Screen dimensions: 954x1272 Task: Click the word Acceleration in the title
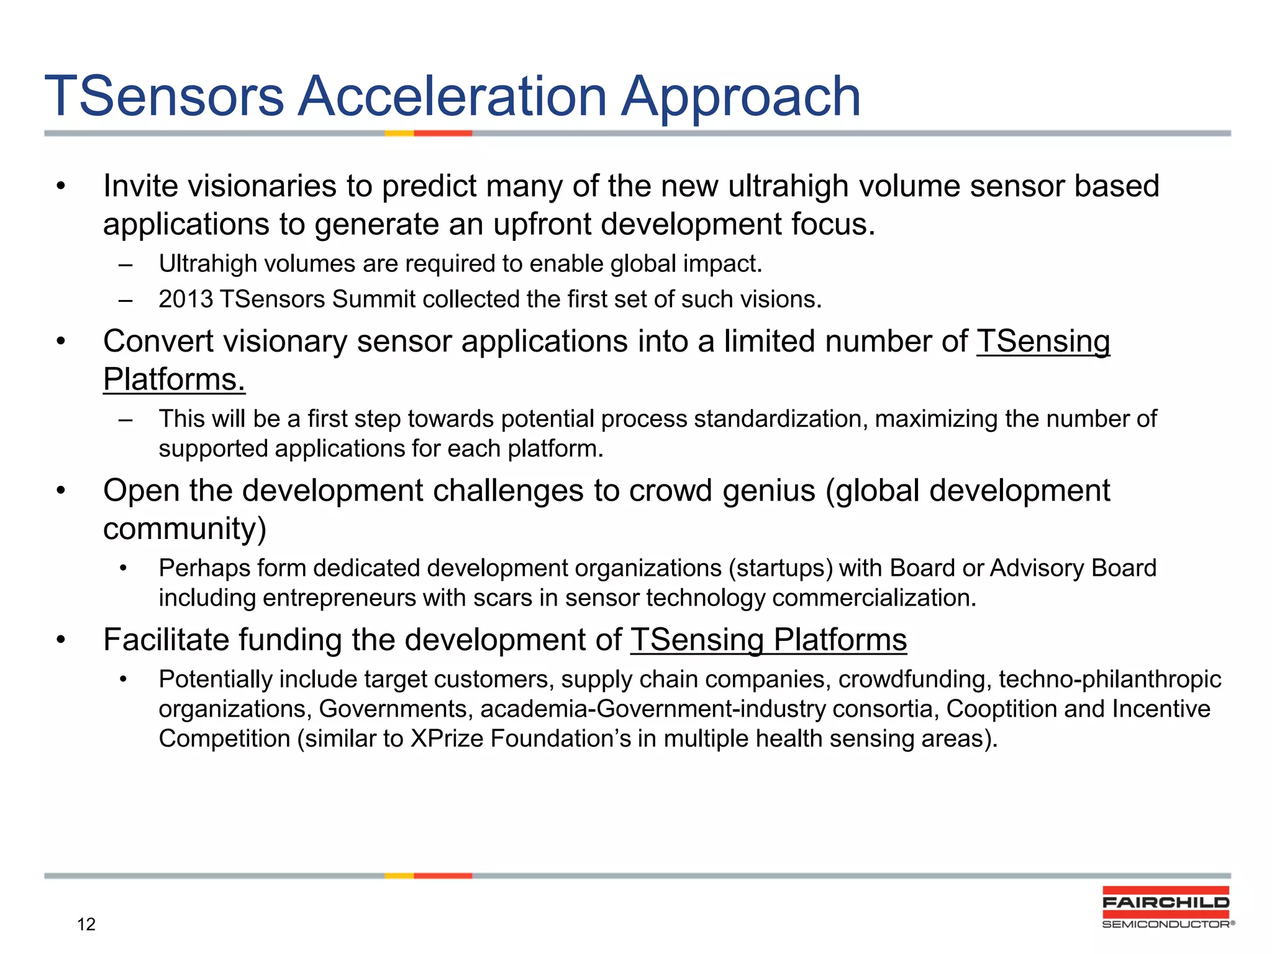(x=452, y=96)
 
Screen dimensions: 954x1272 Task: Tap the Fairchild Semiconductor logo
(x=1166, y=907)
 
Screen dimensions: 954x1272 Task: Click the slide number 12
(x=86, y=924)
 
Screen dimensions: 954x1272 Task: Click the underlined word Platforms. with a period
(x=174, y=379)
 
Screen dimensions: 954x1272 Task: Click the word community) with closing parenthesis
(x=184, y=529)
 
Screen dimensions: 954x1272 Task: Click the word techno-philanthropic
(x=1110, y=679)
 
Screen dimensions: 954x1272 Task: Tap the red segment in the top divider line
(x=443, y=133)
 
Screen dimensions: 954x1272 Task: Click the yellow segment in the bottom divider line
(x=399, y=876)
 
